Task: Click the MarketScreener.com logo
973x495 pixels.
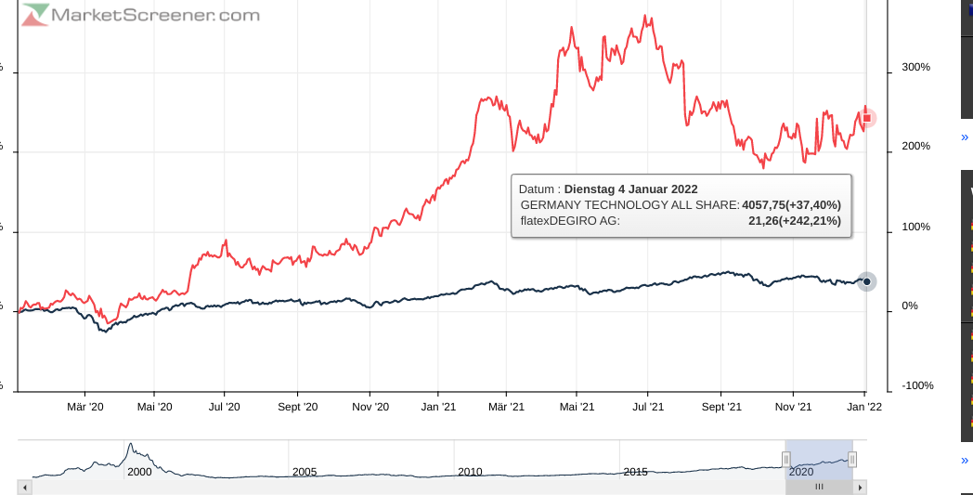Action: pos(141,15)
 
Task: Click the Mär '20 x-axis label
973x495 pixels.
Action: pos(84,407)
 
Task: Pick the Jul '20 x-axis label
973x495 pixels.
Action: pos(224,407)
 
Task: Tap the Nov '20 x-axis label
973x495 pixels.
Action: pos(370,407)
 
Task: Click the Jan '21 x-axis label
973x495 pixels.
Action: pos(438,407)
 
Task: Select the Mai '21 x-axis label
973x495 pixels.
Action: pos(577,407)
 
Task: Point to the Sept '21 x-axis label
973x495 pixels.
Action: pos(721,407)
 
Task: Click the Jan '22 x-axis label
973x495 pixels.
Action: pos(864,407)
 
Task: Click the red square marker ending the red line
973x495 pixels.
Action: pos(867,118)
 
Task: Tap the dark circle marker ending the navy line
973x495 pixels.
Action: pos(867,281)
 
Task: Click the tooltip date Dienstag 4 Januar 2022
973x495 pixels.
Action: pos(630,189)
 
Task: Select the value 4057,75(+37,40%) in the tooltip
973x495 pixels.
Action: pos(791,205)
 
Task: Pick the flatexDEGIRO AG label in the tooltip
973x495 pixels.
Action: pos(570,221)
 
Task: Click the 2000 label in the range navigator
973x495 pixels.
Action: pos(139,472)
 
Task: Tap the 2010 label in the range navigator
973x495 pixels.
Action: pos(471,472)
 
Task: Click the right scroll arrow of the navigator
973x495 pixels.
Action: pos(861,487)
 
